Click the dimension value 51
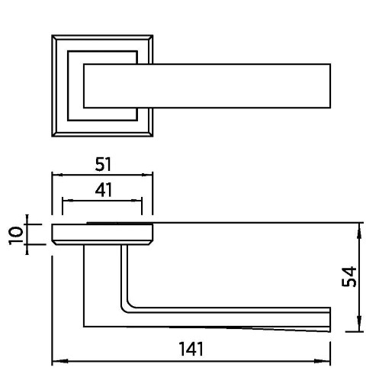[103, 164]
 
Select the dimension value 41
[104, 190]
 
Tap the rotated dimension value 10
[15, 235]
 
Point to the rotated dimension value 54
[349, 276]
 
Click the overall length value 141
[191, 349]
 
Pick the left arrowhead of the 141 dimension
[60, 361]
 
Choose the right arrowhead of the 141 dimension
[322, 361]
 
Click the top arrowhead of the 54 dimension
[359, 231]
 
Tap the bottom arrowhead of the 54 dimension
[359, 324]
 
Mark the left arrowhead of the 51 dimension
[57, 175]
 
